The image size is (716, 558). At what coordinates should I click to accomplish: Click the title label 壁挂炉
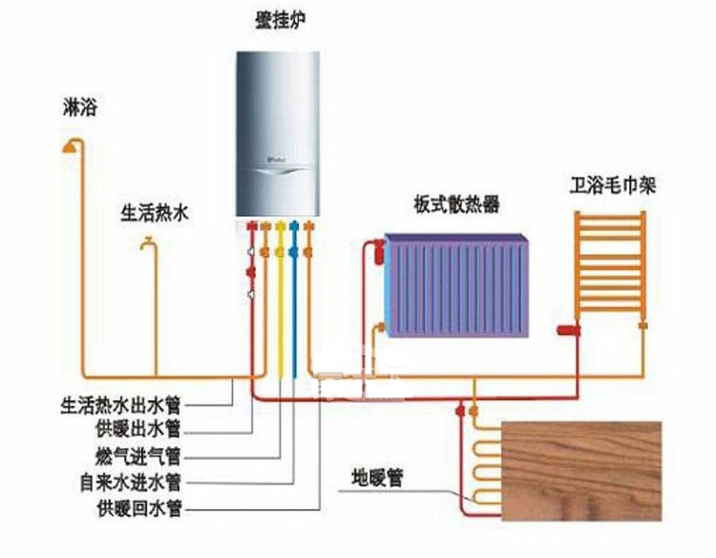[281, 21]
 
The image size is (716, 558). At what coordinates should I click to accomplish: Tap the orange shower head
[70, 147]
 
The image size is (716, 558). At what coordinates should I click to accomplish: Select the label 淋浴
[80, 107]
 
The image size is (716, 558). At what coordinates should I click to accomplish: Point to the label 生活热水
[155, 213]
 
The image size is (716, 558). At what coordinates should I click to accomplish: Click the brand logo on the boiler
[277, 160]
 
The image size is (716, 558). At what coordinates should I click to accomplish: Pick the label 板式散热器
[456, 204]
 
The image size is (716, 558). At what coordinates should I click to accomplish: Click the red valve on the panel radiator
[380, 251]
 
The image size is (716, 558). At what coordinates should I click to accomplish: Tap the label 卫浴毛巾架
[612, 185]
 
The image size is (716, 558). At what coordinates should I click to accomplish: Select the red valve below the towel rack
[569, 330]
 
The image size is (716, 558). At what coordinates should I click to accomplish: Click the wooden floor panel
[581, 471]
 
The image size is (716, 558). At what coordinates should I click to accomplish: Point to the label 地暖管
[377, 478]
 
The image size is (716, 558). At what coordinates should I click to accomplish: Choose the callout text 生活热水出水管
[121, 405]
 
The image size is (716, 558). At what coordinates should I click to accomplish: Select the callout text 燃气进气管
[138, 456]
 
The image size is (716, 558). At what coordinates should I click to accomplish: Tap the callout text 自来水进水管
[131, 483]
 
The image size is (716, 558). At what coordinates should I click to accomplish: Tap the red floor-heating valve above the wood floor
[460, 411]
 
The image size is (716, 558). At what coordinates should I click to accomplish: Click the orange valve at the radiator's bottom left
[379, 327]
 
